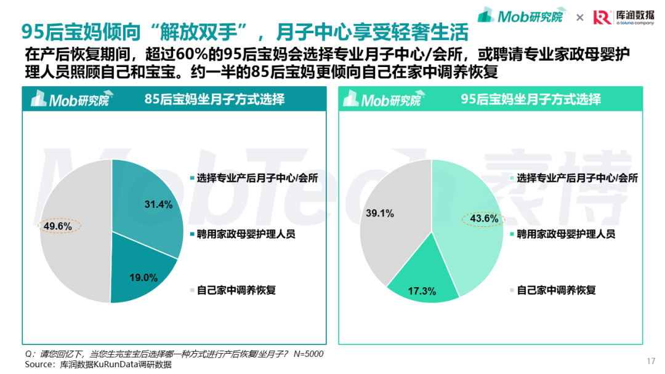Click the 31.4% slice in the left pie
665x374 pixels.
pos(147,204)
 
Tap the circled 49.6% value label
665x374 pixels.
pos(58,226)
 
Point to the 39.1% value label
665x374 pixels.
pos(380,213)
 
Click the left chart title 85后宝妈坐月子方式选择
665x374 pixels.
pos(215,99)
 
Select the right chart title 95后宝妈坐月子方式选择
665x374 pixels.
pos(531,99)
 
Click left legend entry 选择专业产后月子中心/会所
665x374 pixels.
pos(254,178)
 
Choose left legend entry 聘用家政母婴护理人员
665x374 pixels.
pos(243,234)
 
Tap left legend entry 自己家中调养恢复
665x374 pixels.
pos(233,290)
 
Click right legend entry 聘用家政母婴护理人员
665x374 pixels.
pos(563,234)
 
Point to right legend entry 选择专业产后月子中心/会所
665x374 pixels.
pos(574,178)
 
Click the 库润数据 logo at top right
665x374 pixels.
pos(623,17)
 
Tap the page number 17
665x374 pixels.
pos(651,361)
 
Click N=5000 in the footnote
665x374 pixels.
pos(308,354)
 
